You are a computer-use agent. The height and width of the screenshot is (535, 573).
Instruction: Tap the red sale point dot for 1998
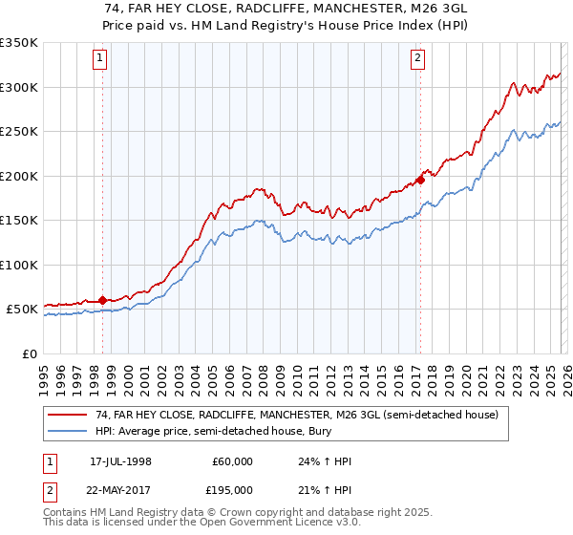[x=102, y=300]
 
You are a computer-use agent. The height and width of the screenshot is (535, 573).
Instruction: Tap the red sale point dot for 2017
[x=419, y=180]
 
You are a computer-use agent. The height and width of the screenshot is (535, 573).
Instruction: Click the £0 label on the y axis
[x=28, y=353]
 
